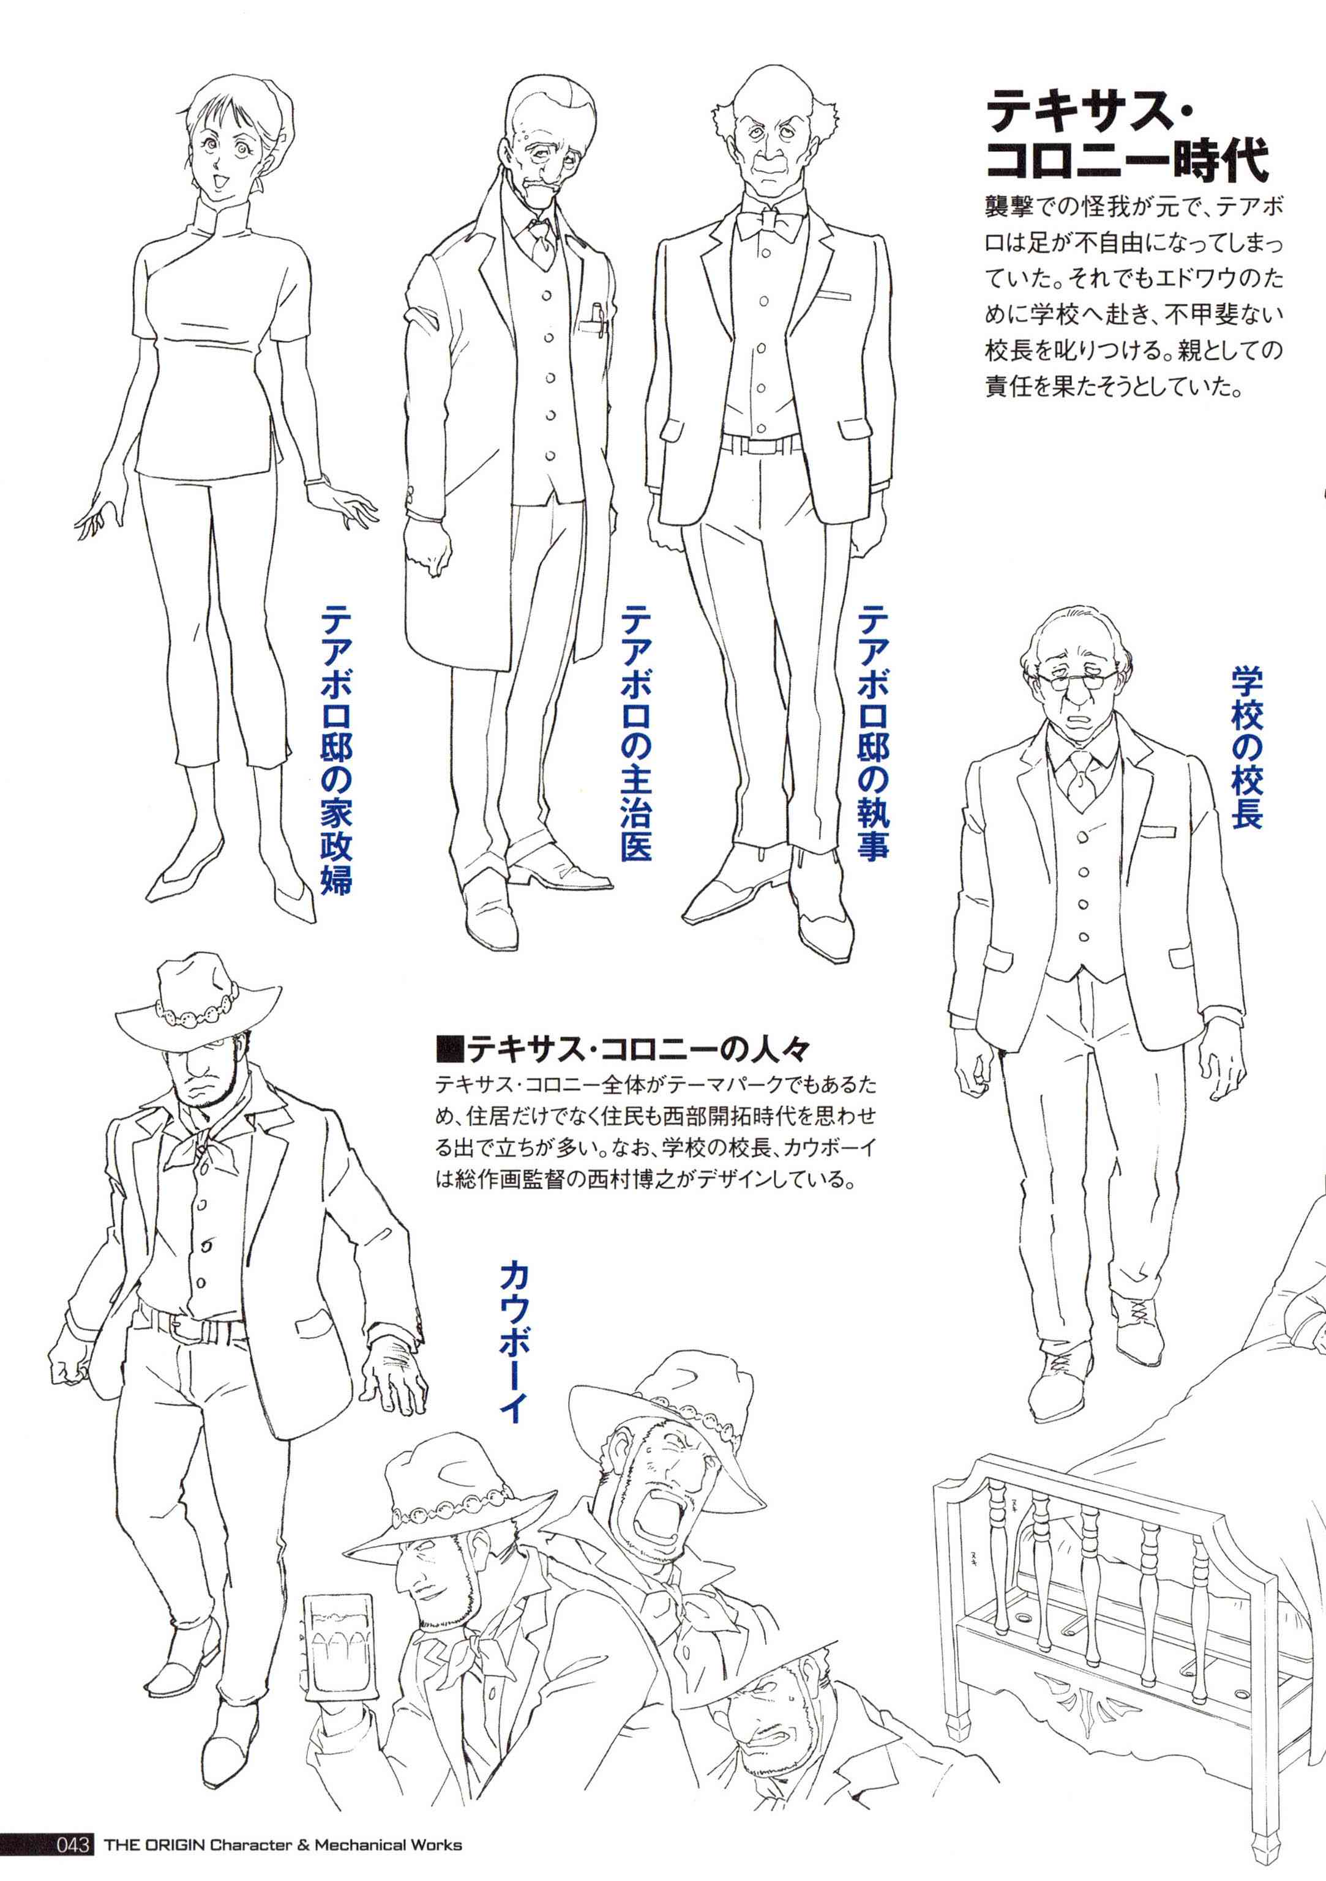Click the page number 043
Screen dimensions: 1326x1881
[72, 1861]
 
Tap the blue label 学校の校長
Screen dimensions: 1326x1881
[1246, 747]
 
